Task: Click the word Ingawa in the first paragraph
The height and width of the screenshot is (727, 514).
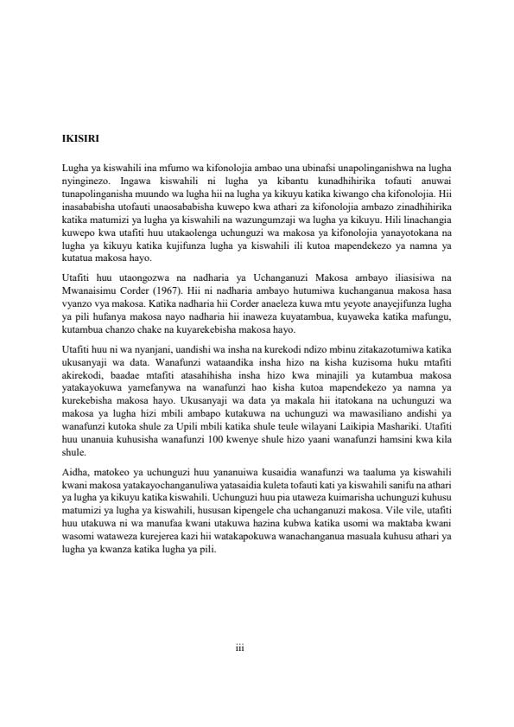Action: click(x=136, y=177)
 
